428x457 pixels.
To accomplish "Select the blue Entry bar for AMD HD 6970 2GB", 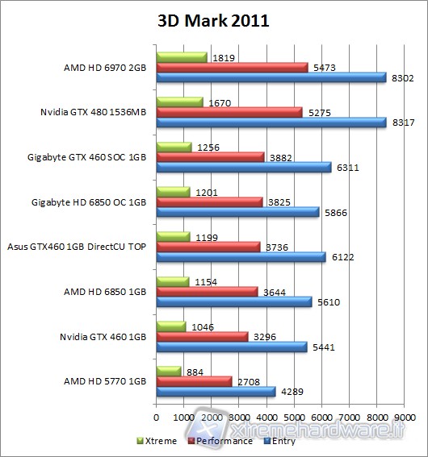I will tap(271, 77).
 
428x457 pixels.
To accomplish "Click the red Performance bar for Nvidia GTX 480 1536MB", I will tap(229, 112).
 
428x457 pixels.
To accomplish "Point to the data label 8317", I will tap(401, 123).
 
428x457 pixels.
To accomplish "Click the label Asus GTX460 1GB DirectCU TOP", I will tap(78, 246).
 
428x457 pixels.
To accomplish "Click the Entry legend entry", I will tap(279, 441).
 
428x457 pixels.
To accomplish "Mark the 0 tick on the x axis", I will tap(157, 418).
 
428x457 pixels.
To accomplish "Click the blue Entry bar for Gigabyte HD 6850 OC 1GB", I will tap(237, 212).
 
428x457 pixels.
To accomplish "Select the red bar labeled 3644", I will tap(207, 291).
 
